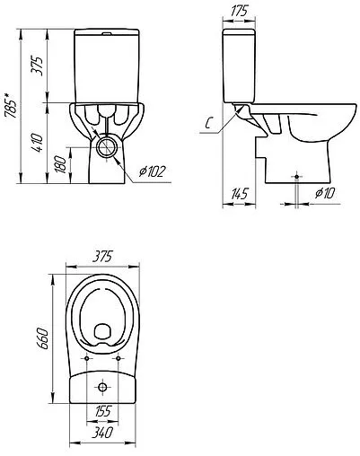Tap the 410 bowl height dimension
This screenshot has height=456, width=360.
click(x=38, y=143)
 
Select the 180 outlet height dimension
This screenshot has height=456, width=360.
click(x=61, y=164)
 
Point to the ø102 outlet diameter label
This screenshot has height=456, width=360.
click(x=153, y=171)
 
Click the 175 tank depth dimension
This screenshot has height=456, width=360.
click(x=240, y=12)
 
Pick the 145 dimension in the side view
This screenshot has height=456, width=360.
click(x=240, y=194)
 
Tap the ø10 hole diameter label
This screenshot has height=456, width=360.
click(x=325, y=193)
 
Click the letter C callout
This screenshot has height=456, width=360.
click(x=209, y=123)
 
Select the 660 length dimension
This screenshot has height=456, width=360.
click(x=42, y=338)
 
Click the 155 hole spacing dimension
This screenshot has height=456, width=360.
click(x=102, y=412)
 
